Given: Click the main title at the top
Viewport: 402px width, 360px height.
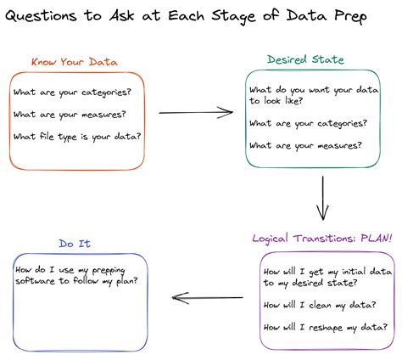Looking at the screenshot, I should tap(201, 18).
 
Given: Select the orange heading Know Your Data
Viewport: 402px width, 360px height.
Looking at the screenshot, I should tap(74, 62).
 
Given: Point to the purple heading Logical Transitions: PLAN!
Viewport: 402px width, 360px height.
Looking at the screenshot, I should tap(322, 239).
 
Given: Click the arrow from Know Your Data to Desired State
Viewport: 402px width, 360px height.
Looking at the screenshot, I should tap(196, 111).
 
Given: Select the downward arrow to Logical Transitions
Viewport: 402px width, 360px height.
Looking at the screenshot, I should tap(321, 200).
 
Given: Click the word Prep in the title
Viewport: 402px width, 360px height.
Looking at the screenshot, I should tap(371, 18).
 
